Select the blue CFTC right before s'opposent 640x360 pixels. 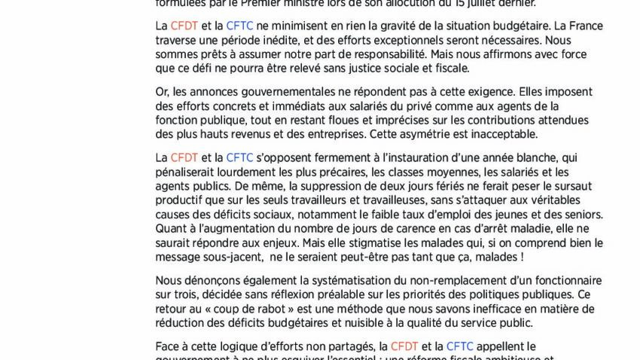coord(239,157)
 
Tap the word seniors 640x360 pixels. coord(581,215)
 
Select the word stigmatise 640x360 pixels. coord(399,243)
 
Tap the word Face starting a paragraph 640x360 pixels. coord(168,346)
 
